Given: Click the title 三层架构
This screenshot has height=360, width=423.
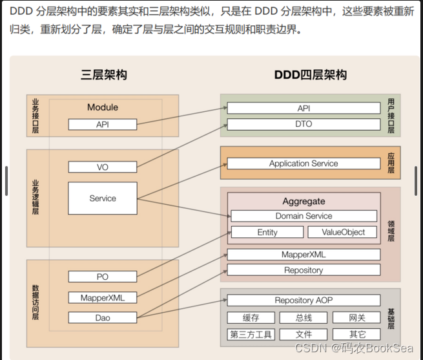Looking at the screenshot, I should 103,75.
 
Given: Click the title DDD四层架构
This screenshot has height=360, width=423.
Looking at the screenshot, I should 310,75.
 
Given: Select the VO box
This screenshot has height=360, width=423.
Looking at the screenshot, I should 103,167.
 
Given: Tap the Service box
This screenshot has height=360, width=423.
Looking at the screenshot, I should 103,198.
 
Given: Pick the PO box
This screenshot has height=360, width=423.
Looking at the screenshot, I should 103,277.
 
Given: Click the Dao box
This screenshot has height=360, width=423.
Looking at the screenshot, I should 103,317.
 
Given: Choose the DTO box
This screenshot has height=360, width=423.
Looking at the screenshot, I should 304,124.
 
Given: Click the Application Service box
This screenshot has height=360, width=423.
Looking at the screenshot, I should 304,164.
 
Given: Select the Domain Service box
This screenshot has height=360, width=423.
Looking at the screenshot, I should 304,216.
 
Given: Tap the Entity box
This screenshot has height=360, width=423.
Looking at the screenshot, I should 267,232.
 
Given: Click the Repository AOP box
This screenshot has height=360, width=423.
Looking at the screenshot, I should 304,301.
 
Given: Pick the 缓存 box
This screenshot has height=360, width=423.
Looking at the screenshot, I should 251,317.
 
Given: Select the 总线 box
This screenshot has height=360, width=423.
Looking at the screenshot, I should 304,317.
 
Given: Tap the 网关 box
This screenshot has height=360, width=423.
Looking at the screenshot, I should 356,317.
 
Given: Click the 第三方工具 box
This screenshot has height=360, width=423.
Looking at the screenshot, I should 251,334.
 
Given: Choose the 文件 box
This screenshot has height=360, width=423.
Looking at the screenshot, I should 304,334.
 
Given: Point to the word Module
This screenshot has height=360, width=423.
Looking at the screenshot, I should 103,107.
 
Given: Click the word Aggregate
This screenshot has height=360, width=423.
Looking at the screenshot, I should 304,202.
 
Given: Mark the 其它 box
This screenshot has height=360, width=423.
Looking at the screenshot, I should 356,334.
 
